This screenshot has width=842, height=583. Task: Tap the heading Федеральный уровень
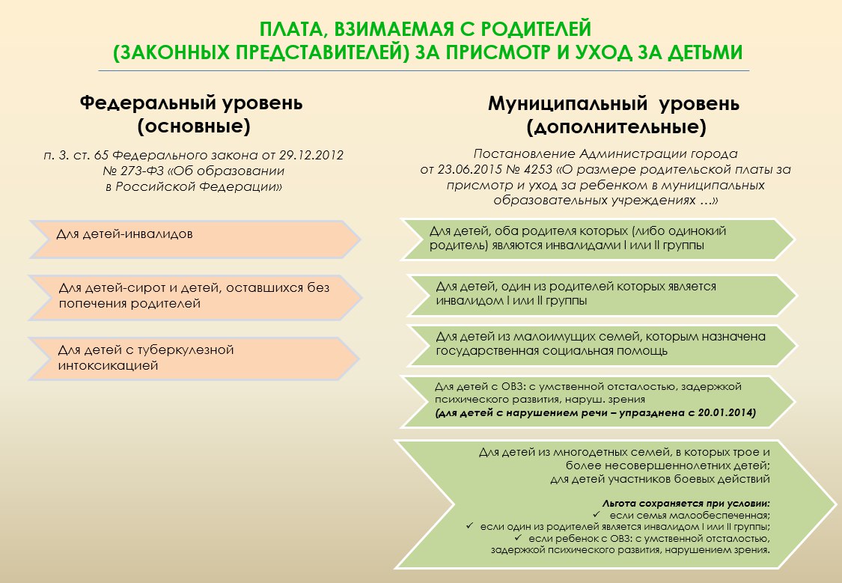pos(191,103)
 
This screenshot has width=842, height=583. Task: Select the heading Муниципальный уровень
pos(613,103)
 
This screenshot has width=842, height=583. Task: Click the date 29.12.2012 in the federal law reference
pos(311,155)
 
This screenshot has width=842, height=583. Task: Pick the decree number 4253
pos(537,170)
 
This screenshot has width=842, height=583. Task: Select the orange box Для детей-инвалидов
pos(195,239)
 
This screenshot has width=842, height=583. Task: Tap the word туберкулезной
pos(186,350)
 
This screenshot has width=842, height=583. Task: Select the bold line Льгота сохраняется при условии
pos(686,504)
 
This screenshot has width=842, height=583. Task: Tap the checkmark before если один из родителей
pos(470,526)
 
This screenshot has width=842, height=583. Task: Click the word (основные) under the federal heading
pos(194,126)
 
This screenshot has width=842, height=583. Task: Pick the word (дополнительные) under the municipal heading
pos(616,127)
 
